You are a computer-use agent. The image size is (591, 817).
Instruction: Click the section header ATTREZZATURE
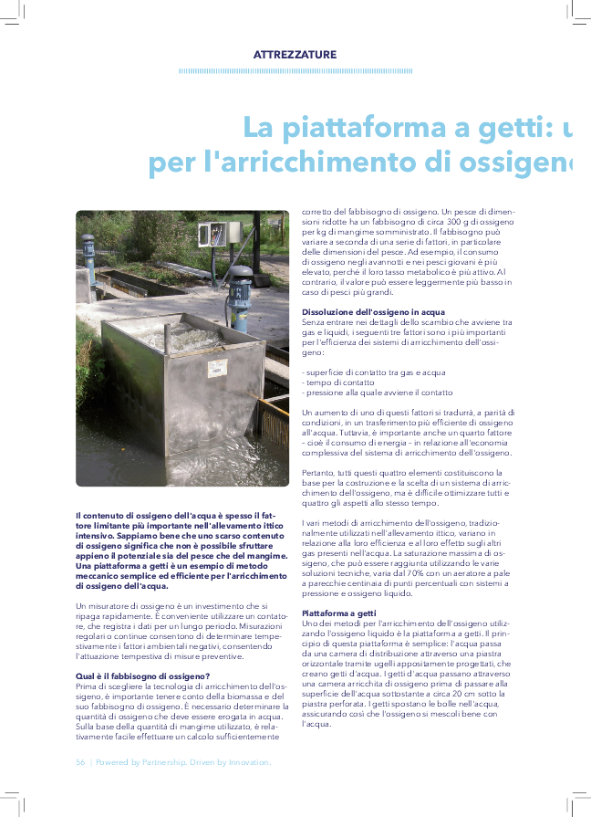tap(295, 55)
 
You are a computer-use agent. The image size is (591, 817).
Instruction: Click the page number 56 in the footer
tap(79, 760)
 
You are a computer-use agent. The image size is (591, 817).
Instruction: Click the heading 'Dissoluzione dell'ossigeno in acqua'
tap(373, 312)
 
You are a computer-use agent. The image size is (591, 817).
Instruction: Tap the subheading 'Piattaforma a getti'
tap(338, 613)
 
